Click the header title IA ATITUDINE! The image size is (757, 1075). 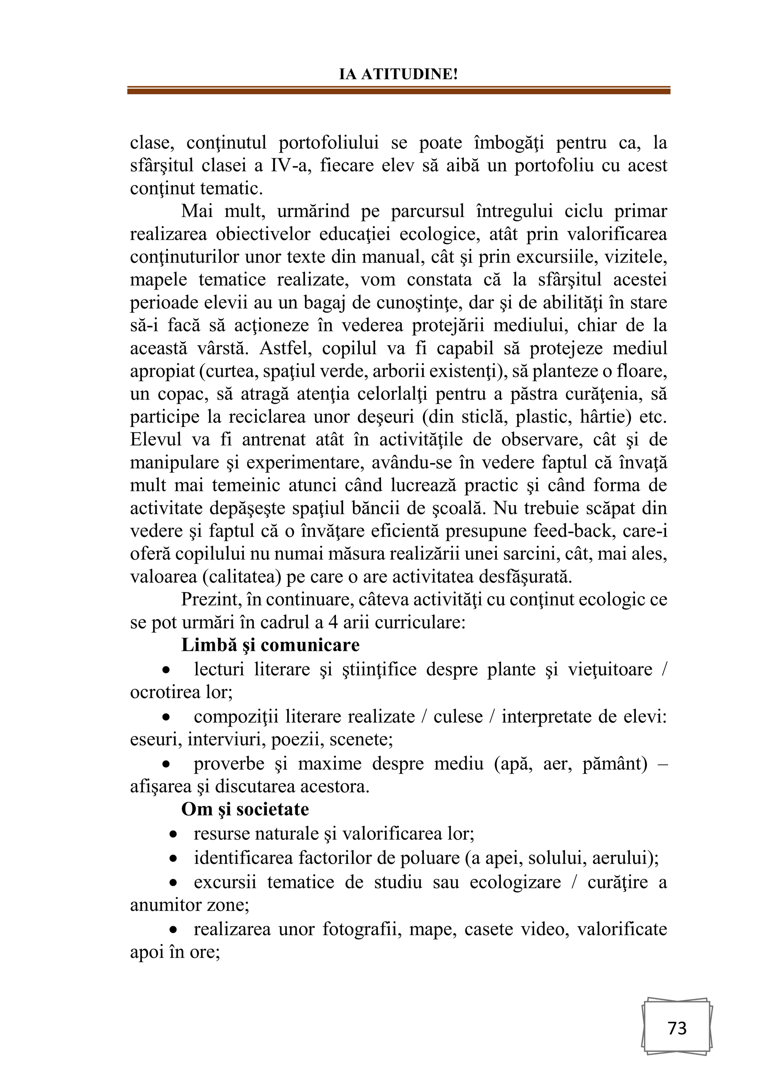pyautogui.click(x=398, y=74)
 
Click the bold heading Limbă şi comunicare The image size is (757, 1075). pyautogui.click(x=271, y=645)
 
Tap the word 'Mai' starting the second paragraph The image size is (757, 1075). pyautogui.click(x=197, y=211)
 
